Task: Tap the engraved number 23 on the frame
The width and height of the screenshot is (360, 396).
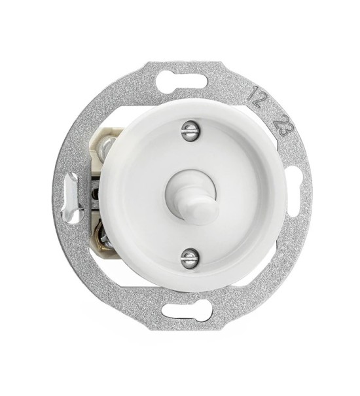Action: [x=283, y=125]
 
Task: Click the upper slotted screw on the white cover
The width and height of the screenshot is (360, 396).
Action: [x=189, y=130]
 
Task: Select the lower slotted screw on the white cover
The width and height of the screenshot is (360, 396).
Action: [x=189, y=258]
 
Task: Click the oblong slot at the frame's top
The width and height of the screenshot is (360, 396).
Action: [x=182, y=82]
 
